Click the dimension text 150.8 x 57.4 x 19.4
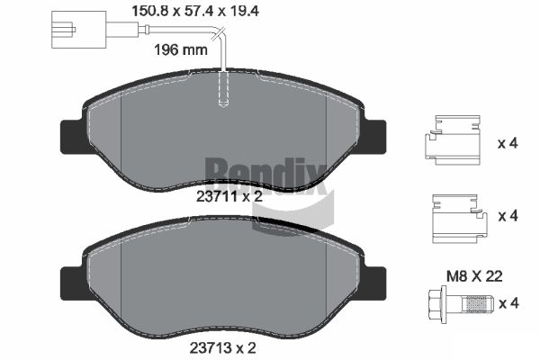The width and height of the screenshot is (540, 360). [195, 11]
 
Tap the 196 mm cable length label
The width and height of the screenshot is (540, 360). [181, 50]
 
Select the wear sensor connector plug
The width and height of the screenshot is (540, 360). [78, 30]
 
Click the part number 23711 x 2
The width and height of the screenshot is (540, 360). [229, 197]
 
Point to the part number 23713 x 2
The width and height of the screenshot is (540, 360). [222, 348]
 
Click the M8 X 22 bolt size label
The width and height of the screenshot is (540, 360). [474, 276]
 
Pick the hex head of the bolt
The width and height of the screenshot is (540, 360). [437, 304]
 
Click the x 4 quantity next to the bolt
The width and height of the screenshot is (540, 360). [508, 303]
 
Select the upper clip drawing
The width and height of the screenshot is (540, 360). [452, 139]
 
